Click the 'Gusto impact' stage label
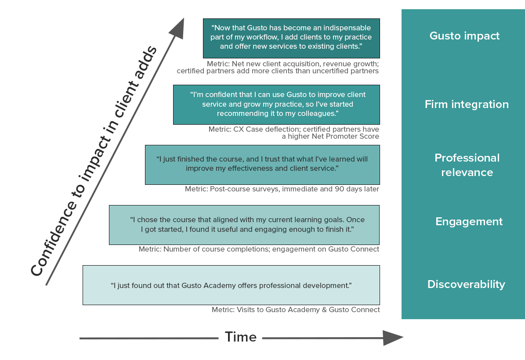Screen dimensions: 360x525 coord(464,36)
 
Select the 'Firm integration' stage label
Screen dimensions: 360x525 coord(467,104)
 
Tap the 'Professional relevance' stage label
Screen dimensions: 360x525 coord(467,165)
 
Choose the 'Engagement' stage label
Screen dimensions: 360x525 coord(469,222)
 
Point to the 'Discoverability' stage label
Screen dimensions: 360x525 coord(466,284)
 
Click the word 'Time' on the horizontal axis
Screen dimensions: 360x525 coord(241,337)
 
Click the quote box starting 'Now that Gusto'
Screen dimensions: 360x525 coord(291,38)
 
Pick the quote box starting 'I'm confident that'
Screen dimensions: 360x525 coord(276,104)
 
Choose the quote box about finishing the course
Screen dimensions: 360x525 coord(262,164)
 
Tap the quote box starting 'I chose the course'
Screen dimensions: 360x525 coord(244,224)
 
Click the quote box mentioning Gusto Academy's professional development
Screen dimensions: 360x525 coord(231,285)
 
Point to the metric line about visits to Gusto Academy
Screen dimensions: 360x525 coord(296,310)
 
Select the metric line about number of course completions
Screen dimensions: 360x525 coord(259,249)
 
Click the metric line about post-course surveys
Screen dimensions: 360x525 coord(282,189)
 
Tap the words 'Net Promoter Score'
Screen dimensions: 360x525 coord(345,137)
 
